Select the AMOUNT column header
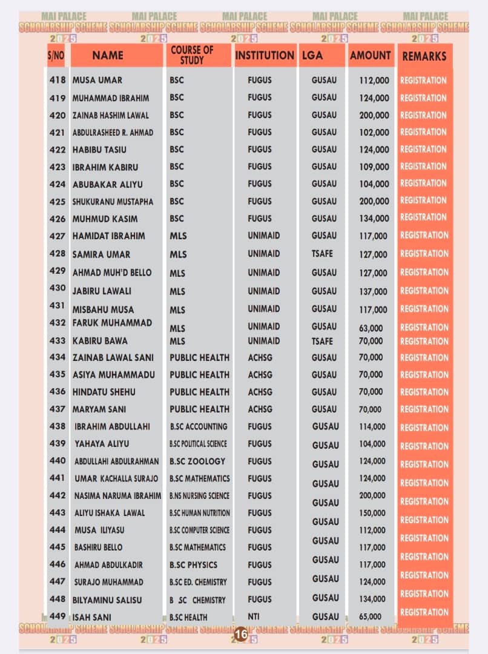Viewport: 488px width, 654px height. (370, 56)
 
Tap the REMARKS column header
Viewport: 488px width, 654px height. (424, 56)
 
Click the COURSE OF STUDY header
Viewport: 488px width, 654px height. (192, 55)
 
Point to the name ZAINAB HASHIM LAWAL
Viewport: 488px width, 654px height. (111, 115)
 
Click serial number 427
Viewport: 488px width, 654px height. (58, 236)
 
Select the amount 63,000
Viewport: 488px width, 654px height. (371, 328)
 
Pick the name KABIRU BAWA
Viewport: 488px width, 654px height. (100, 341)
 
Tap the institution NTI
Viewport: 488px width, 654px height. (254, 617)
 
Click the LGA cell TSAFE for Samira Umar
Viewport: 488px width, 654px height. (322, 254)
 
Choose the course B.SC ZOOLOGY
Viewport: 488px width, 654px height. (197, 461)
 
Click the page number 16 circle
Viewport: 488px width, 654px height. (240, 634)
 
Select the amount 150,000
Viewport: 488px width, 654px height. (372, 513)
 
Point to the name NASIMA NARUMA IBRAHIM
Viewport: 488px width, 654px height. (117, 495)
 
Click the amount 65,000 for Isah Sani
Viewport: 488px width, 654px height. (371, 617)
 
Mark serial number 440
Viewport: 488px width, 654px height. (58, 461)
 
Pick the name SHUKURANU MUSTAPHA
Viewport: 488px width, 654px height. (113, 202)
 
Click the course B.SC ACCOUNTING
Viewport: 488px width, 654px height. (199, 426)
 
